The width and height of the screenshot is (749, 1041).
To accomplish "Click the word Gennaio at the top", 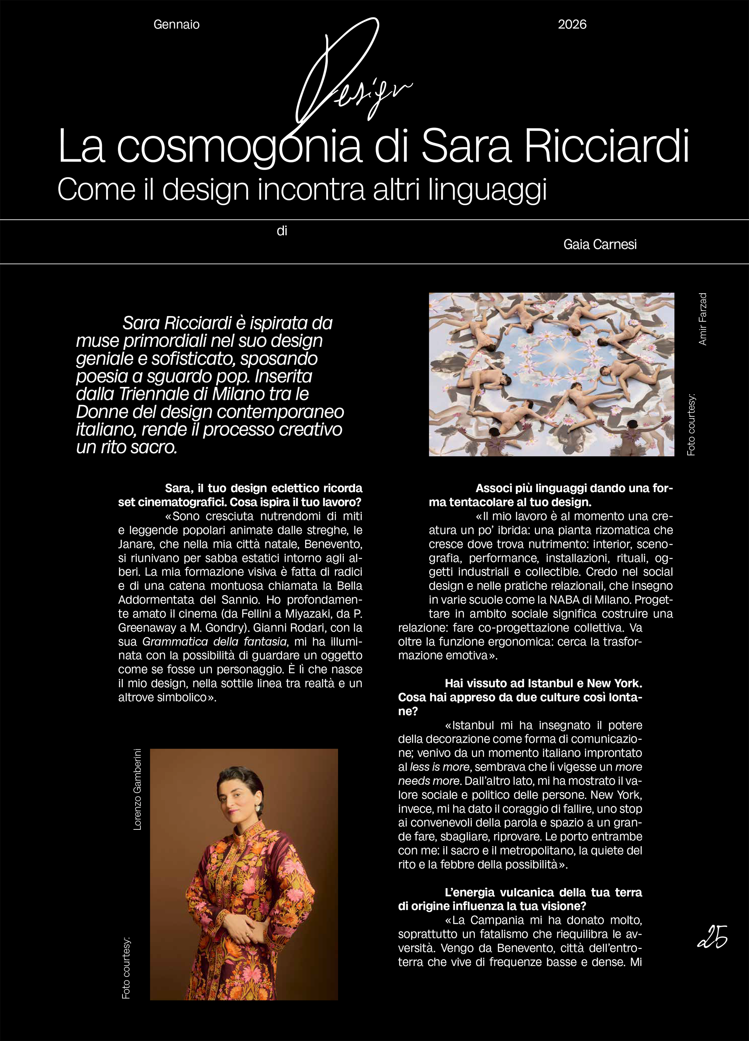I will pyautogui.click(x=176, y=25).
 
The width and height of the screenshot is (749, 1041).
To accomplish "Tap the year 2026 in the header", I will pyautogui.click(x=572, y=25).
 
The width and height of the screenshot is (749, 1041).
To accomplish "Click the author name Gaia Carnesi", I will pyautogui.click(x=600, y=245).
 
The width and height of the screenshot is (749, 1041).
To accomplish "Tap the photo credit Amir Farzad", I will pyautogui.click(x=703, y=319).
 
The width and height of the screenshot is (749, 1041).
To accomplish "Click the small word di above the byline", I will pyautogui.click(x=282, y=231).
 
